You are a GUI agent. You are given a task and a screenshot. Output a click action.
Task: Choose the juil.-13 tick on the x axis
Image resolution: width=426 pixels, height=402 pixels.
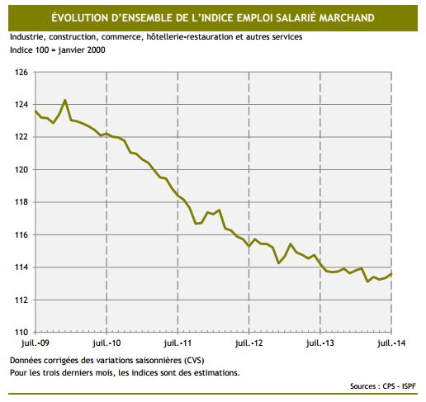click(319, 342)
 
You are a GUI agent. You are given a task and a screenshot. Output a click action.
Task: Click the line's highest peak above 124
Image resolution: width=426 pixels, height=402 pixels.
click(65, 101)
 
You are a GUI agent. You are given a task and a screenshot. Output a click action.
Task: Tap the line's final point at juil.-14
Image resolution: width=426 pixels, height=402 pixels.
click(391, 273)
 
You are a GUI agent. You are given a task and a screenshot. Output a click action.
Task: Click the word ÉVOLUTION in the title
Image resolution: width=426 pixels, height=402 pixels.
click(83, 17)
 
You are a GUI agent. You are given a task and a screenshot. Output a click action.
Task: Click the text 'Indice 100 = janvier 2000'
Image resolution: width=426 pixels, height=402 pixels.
click(58, 50)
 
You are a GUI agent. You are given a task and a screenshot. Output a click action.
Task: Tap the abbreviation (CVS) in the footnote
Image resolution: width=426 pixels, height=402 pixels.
click(189, 361)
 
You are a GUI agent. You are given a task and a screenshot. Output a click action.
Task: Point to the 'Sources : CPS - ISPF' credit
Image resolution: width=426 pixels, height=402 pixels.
click(383, 385)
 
